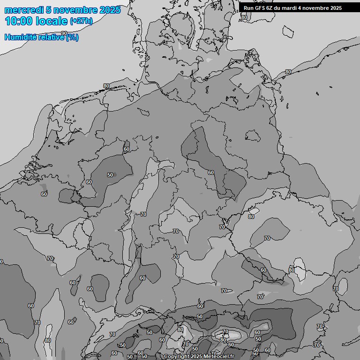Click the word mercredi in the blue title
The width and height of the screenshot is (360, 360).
coord(23,10)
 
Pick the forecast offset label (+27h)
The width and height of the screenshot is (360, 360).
coord(81,21)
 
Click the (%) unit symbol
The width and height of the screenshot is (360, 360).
coord(72,37)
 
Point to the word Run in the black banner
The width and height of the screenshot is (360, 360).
coord(248,8)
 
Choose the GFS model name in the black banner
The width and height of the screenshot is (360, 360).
coord(260,8)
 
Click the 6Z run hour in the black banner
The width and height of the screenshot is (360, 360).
coord(271,8)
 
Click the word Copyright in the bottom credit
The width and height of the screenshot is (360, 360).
coord(176,357)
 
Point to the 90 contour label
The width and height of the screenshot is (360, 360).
coord(64,33)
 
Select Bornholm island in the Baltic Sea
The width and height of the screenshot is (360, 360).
coord(288,31)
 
